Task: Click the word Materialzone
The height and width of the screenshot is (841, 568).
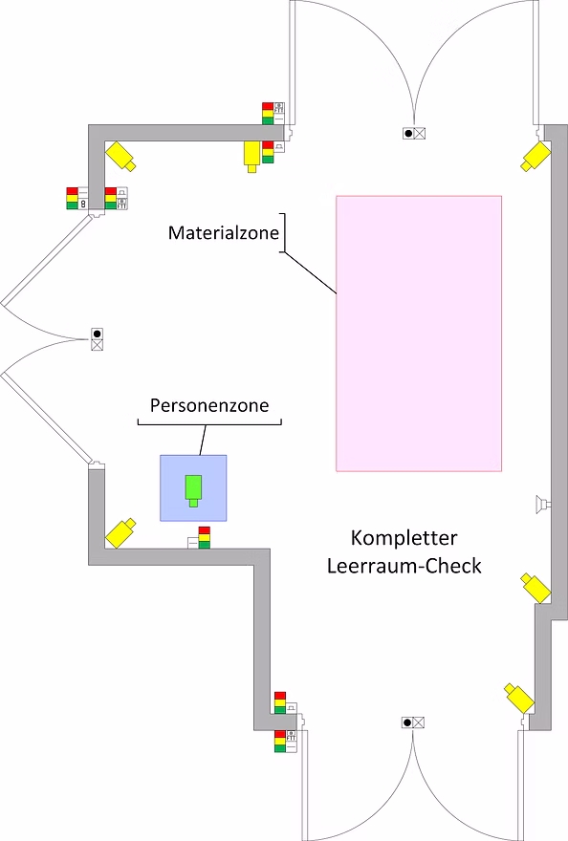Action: [224, 233]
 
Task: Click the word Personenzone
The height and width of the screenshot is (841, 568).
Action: [209, 405]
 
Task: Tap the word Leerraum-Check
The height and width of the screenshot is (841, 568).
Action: [404, 566]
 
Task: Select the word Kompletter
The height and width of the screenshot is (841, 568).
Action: [404, 538]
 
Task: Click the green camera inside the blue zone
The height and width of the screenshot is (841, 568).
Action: [193, 490]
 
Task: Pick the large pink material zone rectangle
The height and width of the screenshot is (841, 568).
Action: [419, 334]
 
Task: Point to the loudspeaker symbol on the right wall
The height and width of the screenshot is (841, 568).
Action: [543, 504]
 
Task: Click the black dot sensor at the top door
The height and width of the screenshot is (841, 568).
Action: [408, 133]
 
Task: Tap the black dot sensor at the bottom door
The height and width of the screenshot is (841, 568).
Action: [407, 722]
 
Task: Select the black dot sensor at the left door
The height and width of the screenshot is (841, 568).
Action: [97, 334]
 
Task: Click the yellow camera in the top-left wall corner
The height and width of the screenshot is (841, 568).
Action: [120, 156]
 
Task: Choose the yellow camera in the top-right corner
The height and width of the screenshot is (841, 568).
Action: [536, 156]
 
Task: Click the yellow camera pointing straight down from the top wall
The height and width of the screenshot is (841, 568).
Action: [251, 156]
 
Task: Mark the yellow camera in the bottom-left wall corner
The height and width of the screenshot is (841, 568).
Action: [120, 533]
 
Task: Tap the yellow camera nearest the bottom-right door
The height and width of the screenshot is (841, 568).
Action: [518, 698]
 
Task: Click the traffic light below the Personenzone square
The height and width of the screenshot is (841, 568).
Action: [204, 537]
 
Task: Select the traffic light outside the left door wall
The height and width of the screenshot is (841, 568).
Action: [72, 198]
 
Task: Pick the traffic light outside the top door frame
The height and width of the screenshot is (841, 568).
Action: [268, 113]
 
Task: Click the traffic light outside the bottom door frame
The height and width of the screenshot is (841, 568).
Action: [280, 742]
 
